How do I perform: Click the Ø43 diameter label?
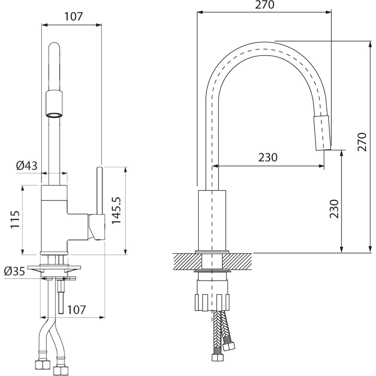tap(27, 165)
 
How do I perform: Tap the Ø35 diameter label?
tap(15, 271)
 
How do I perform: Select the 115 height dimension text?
tap(15, 220)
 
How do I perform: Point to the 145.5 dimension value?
tap(117, 211)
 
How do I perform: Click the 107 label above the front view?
tap(73, 17)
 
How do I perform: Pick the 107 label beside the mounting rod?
tap(76, 310)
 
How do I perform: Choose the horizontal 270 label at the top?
tap(264, 5)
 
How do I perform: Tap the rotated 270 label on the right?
tap(362, 142)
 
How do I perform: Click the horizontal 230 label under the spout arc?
tap(268, 157)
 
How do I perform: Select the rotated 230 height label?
tap(334, 209)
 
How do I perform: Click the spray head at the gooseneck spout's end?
tap(322, 133)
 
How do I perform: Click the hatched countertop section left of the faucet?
tap(187, 261)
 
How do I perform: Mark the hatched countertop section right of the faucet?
tap(237, 261)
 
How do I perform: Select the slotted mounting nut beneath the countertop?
tap(212, 302)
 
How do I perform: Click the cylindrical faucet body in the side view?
tap(212, 220)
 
